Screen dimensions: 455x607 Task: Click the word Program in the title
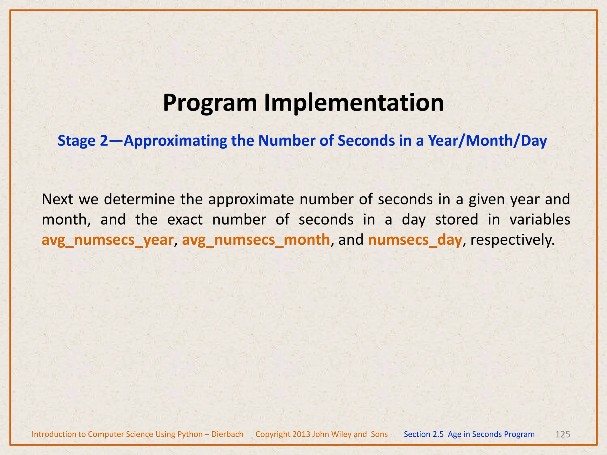point(210,103)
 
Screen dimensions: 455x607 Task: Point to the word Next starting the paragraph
point(57,199)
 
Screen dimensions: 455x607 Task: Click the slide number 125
point(562,434)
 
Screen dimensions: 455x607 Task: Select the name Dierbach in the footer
point(227,434)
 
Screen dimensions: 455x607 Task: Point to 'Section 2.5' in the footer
point(424,434)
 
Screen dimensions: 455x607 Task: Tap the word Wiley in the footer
point(341,434)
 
